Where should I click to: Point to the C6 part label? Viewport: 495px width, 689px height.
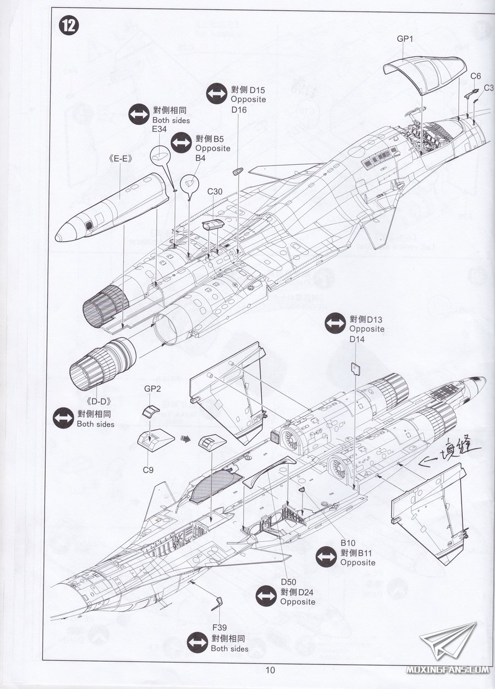[x=476, y=76]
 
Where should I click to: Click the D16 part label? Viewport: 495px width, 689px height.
[x=239, y=110]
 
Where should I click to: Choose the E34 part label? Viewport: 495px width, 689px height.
[x=159, y=129]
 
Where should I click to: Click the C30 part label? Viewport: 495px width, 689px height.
[x=215, y=191]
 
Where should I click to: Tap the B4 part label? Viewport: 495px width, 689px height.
[x=201, y=158]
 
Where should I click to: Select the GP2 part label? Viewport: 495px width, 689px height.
[x=152, y=388]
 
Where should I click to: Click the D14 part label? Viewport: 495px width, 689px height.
[x=357, y=339]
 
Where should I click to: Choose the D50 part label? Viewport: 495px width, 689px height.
[x=289, y=582]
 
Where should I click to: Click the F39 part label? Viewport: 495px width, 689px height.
[x=220, y=627]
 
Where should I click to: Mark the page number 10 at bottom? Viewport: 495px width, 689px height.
[x=269, y=669]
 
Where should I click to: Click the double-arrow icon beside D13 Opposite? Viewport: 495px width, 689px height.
[x=335, y=324]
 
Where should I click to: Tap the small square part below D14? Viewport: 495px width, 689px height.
[x=356, y=368]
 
